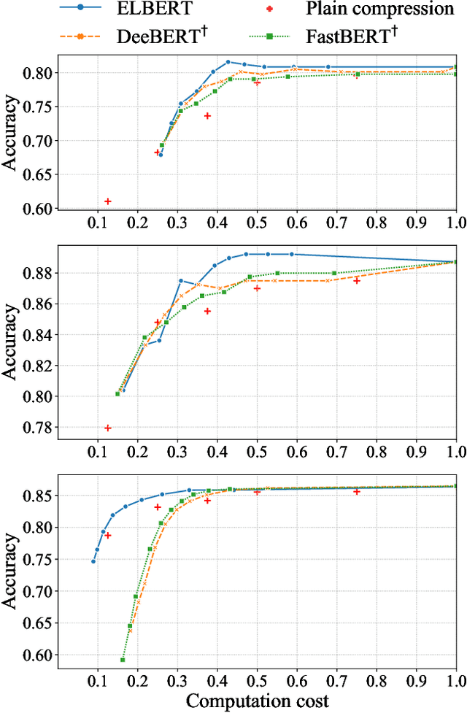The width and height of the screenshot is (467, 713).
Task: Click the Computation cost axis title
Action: (257, 701)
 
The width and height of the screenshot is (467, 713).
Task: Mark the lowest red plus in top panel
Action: (108, 201)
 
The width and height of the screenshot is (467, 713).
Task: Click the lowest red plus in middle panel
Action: (108, 428)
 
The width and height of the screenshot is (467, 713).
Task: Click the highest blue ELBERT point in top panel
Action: (228, 62)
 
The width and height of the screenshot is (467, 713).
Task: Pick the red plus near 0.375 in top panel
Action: (207, 116)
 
